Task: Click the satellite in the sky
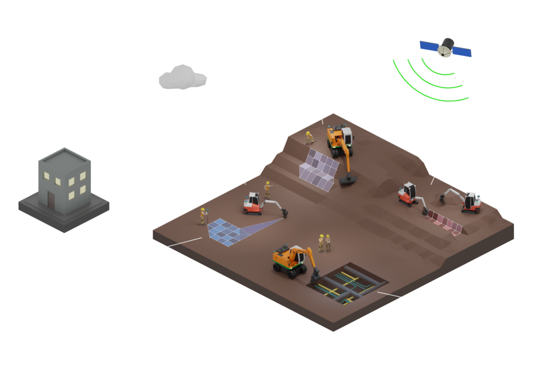446,47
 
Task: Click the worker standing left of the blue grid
203,215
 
